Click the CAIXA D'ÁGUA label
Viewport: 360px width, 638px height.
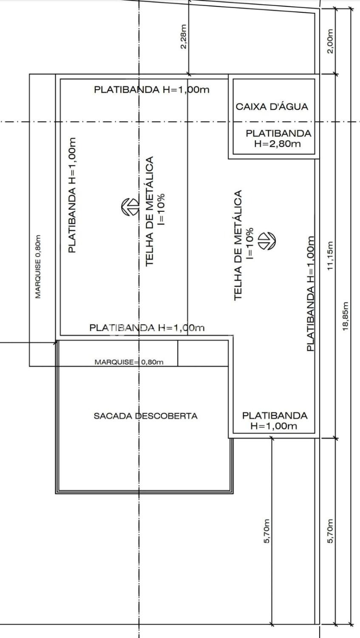point(272,107)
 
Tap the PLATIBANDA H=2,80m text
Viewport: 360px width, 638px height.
point(278,138)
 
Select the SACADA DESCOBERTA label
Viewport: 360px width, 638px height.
point(146,416)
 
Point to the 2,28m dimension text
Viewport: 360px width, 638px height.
point(184,37)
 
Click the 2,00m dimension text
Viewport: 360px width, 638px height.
point(330,41)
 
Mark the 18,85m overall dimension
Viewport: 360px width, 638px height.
point(346,316)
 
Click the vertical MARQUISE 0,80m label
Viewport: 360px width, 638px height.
point(38,267)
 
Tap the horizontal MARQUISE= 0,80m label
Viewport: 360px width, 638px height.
point(129,362)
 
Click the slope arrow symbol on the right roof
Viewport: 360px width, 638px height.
point(266,241)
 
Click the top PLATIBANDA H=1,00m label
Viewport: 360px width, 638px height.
point(152,89)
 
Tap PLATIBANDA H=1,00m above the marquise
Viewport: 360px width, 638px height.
point(147,328)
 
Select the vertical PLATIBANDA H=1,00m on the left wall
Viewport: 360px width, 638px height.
point(72,195)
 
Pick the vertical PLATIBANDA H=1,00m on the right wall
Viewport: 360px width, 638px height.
point(311,293)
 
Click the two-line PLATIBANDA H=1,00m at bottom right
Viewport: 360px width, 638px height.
point(275,421)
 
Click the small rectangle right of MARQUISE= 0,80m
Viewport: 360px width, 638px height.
point(203,353)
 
